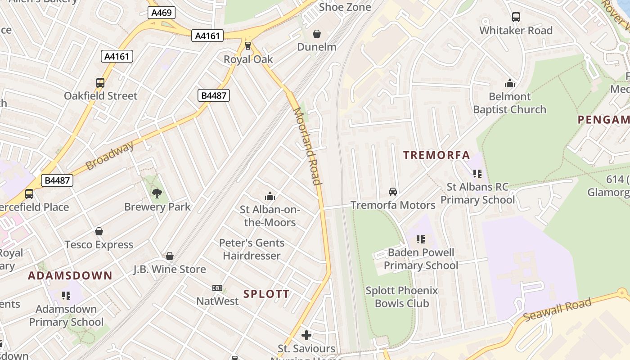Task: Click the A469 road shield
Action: [161, 13]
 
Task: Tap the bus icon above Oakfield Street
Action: [100, 83]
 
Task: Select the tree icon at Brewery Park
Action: [157, 193]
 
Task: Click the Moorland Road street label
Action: [308, 146]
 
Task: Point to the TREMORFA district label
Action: [436, 155]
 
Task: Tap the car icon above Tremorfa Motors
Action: [393, 192]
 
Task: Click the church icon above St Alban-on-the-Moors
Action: [270, 196]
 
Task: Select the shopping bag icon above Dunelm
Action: [317, 34]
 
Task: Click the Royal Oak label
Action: [248, 59]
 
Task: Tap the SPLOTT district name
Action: [266, 294]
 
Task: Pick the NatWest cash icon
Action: [217, 288]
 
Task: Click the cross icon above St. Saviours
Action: [306, 335]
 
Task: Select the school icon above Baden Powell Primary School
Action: [421, 239]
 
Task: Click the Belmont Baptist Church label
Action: [509, 103]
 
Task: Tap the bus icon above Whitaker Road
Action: [516, 18]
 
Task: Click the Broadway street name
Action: [109, 156]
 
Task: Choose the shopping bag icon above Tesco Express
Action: [99, 231]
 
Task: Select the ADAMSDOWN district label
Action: [70, 275]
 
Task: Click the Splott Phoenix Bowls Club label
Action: [401, 297]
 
